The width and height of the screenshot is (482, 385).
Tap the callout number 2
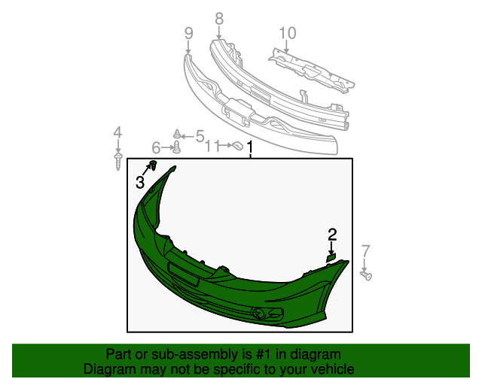331,235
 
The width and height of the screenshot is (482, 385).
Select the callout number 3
141,182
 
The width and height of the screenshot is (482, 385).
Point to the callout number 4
117,133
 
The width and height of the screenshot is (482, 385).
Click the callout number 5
200,136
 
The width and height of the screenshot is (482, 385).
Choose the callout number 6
157,147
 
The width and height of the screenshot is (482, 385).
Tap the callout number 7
366,251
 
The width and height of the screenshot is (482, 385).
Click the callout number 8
219,18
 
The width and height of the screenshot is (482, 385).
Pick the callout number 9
188,32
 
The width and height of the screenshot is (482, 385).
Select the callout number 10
287,33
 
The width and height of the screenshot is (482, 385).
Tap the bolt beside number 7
367,276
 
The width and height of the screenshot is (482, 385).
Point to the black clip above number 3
153,165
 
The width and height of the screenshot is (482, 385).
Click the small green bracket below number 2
330,257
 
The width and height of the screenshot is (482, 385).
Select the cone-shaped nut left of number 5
177,133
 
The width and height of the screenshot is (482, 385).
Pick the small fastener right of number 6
176,146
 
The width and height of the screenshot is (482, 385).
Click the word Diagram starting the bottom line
108,369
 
